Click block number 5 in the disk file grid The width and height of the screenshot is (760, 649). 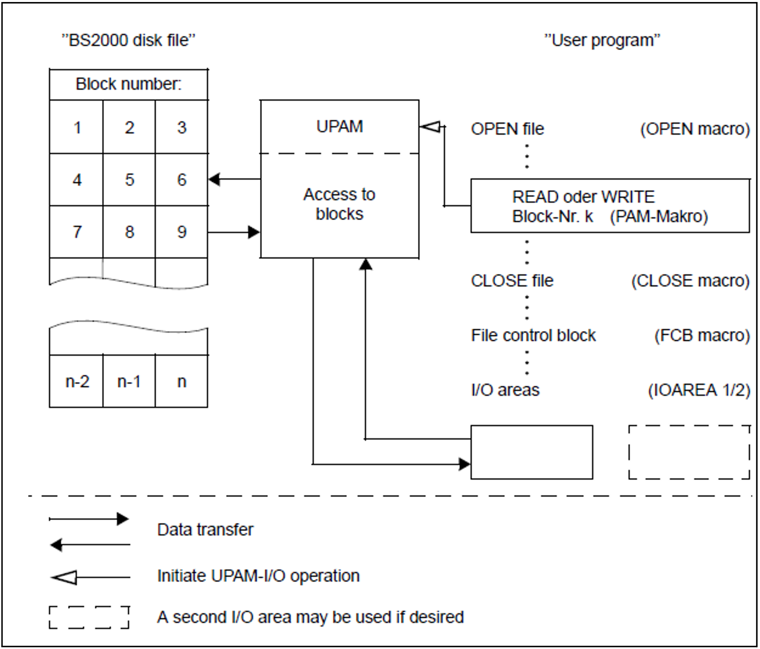(x=129, y=180)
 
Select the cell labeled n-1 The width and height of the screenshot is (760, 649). (x=129, y=381)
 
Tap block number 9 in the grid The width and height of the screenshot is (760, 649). (x=182, y=232)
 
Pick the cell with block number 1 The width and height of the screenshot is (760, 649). (x=77, y=128)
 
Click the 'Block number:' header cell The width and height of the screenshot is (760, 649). (x=128, y=84)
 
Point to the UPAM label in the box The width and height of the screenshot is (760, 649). (x=339, y=127)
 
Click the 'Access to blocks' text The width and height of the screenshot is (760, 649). (x=339, y=204)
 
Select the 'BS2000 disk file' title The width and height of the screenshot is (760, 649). (x=128, y=40)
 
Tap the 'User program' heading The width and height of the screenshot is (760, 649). (x=602, y=40)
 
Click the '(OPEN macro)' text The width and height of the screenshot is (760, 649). (x=695, y=129)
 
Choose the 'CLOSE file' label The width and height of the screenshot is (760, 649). (x=512, y=281)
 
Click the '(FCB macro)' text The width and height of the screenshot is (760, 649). (x=702, y=335)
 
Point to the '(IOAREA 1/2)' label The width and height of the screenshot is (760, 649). (x=699, y=390)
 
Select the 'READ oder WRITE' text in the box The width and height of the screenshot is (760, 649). (x=583, y=197)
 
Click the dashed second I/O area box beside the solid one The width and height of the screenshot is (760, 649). (x=689, y=452)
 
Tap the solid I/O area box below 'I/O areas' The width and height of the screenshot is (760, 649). (x=531, y=452)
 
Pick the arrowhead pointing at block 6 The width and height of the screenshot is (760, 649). (x=214, y=179)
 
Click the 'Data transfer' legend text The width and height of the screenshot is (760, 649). (x=205, y=530)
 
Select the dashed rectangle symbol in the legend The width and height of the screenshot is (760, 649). (x=89, y=617)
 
